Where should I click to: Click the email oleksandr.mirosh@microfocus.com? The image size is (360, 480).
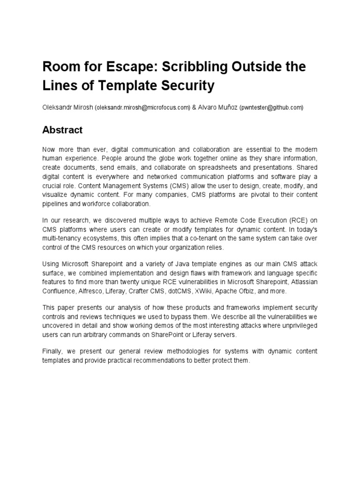tap(142, 107)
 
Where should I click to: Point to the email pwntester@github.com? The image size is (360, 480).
tap(271, 107)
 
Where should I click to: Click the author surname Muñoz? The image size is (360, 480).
tap(226, 107)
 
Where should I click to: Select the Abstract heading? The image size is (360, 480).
tap(62, 130)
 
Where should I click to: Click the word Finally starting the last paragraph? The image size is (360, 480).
tap(53, 351)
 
